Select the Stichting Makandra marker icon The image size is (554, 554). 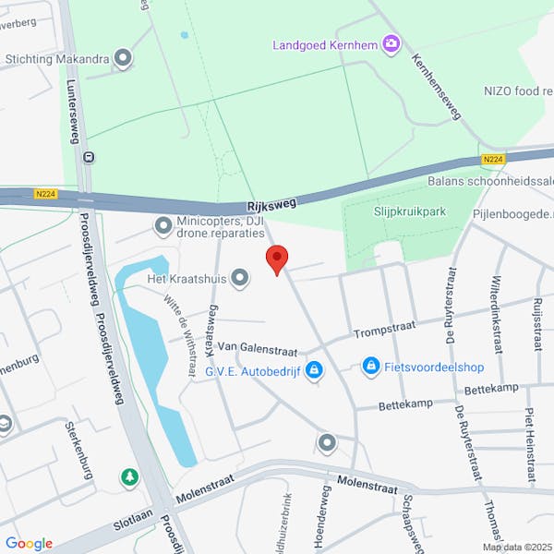click(123, 59)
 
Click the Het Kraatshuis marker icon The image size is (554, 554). click(240, 277)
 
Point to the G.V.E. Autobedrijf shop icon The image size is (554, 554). click(315, 370)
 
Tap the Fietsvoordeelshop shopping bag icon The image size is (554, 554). click(371, 367)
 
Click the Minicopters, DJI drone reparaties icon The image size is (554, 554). click(163, 225)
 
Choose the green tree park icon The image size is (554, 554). click(129, 477)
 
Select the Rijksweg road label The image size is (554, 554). click(272, 208)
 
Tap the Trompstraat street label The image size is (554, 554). click(384, 328)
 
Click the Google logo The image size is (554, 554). click(29, 544)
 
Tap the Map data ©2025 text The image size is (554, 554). click(515, 547)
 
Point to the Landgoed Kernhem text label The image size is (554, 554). click(327, 44)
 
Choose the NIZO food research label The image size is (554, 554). click(518, 90)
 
